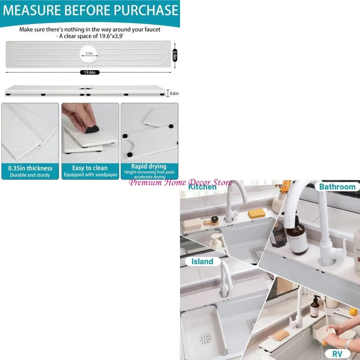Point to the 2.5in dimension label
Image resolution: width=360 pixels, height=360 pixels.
coord(89,53)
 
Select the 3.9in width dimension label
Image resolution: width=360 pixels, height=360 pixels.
coord(175,55)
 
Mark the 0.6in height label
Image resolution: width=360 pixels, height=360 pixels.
coord(174,94)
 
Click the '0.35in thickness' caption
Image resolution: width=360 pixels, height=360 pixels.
coord(30,168)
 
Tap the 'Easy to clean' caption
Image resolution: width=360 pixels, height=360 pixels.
coord(90,168)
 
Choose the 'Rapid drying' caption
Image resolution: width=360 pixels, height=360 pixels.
coord(149,166)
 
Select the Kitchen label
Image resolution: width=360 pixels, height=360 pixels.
coord(202,187)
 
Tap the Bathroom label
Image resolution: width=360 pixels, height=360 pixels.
coord(337,187)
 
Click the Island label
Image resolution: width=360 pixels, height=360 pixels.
coord(202,262)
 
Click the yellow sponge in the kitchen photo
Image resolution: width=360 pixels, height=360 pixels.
coord(257,213)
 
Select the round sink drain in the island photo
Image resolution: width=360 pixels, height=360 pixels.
coord(205,339)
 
